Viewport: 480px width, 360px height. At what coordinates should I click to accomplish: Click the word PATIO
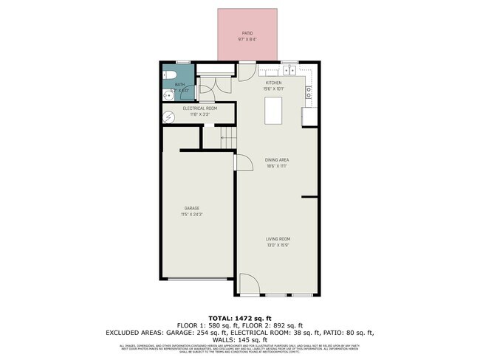pos(247,33)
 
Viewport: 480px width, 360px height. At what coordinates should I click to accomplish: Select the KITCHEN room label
pos(274,83)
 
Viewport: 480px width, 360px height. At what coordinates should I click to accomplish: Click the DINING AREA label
pos(277,159)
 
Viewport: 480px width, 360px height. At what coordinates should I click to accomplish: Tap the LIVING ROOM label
pos(278,238)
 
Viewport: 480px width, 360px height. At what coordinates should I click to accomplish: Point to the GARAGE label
pos(192,208)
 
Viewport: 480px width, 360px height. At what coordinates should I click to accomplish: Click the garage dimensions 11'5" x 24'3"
pos(192,215)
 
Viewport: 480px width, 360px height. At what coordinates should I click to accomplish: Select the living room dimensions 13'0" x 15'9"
pos(278,245)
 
